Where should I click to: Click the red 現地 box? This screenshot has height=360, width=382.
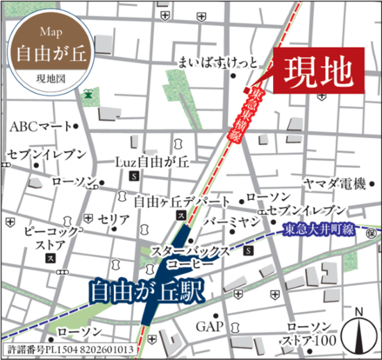coord(317,70)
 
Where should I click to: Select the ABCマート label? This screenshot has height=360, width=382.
coord(40,127)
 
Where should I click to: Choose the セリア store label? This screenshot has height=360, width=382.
coord(114,219)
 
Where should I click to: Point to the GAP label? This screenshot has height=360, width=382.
coord(208,326)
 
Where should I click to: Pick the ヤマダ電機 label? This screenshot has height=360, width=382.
coord(334,184)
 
